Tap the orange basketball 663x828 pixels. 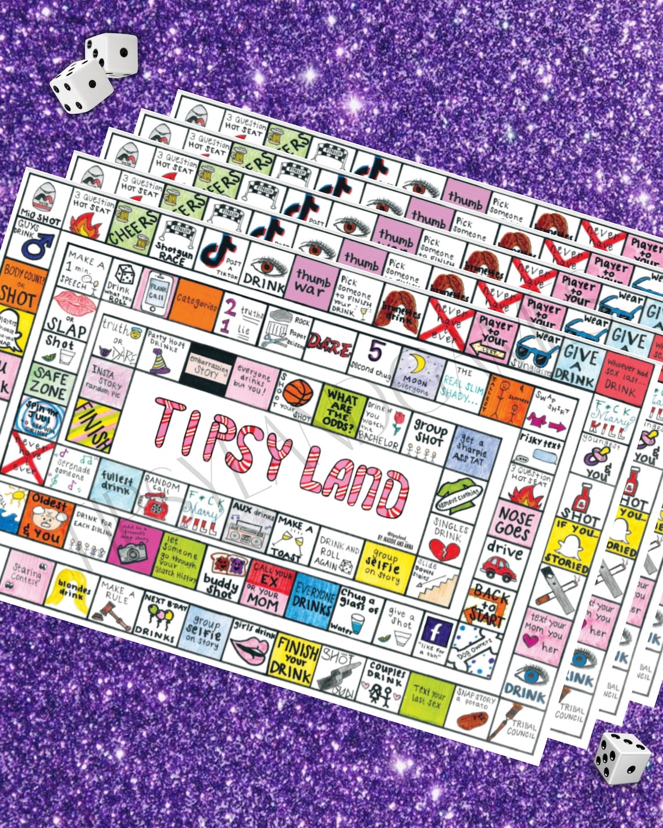coord(297,392)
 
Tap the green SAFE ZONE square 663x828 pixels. coord(49,382)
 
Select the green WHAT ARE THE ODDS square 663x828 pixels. coord(341,410)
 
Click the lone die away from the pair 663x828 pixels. coord(621,757)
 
